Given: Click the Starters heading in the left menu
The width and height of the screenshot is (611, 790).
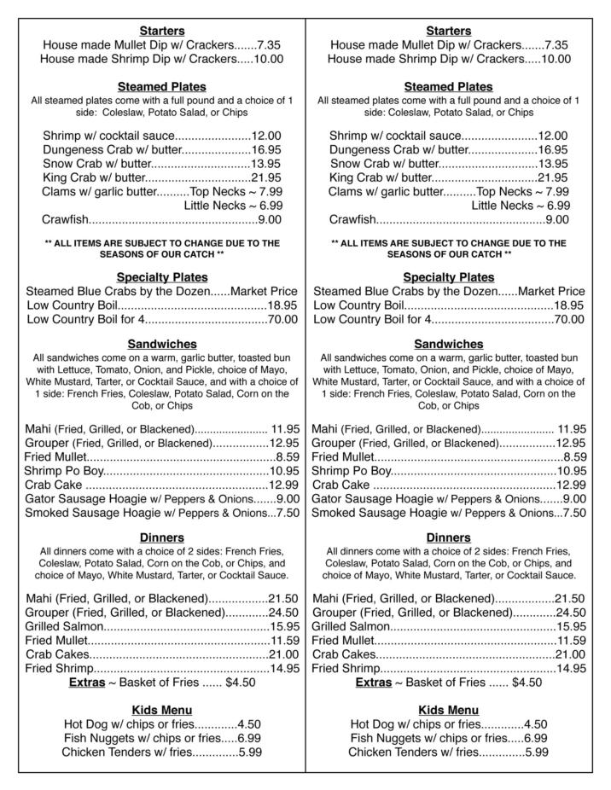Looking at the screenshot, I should pyautogui.click(x=162, y=31).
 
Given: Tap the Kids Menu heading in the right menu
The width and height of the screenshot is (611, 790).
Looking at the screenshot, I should pyautogui.click(x=449, y=710).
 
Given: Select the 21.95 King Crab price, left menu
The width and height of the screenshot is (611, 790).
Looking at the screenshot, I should pyautogui.click(x=266, y=177).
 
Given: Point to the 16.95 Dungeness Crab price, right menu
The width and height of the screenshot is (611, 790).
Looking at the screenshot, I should pyautogui.click(x=553, y=149).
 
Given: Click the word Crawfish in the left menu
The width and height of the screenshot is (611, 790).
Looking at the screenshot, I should pyautogui.click(x=65, y=219).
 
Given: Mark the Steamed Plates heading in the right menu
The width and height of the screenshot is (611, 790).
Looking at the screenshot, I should pyautogui.click(x=449, y=86).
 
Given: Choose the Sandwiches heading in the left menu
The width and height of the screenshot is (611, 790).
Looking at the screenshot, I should pyautogui.click(x=162, y=344).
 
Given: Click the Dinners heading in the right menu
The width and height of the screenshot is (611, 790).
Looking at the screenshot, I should pyautogui.click(x=449, y=537).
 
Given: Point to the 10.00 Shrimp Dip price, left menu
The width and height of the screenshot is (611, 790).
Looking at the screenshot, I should pyautogui.click(x=268, y=59).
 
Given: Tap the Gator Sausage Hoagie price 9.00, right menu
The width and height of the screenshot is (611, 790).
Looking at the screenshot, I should pyautogui.click(x=574, y=498).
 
